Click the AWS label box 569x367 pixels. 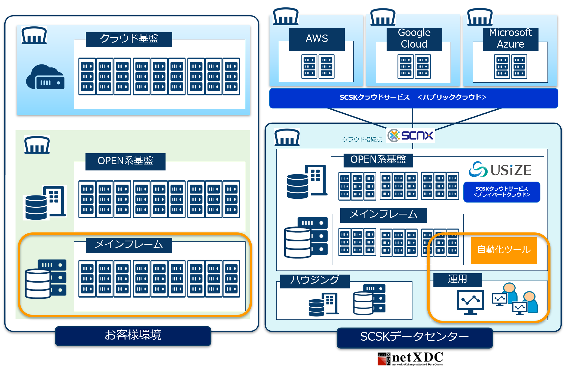(x=317, y=39)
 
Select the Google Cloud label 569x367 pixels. (x=414, y=39)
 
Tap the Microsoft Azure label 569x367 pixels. (x=510, y=39)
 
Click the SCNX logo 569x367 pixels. (x=411, y=135)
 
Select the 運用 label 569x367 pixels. (x=457, y=279)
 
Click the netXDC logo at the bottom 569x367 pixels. (x=411, y=359)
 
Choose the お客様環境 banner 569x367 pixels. (x=133, y=335)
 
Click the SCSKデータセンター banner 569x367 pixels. (x=414, y=337)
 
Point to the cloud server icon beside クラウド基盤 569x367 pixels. (x=45, y=77)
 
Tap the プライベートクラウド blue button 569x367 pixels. (x=501, y=192)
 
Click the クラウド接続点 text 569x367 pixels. (x=362, y=140)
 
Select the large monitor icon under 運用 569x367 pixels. (x=470, y=302)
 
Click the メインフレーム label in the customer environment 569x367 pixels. (x=129, y=245)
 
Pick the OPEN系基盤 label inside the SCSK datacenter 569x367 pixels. (x=378, y=160)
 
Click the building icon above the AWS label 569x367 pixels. (x=286, y=17)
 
